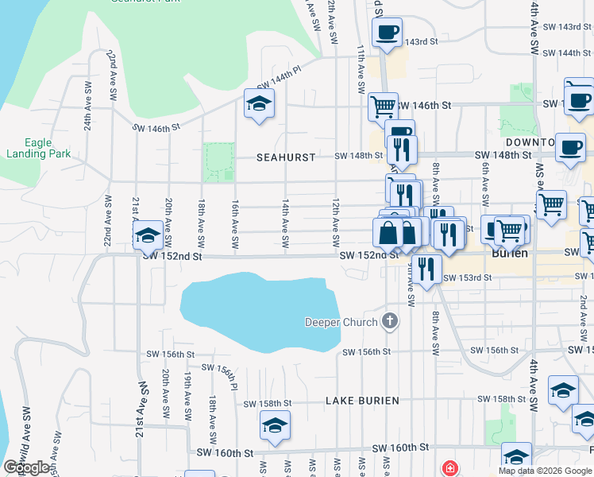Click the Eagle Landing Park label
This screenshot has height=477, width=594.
38,149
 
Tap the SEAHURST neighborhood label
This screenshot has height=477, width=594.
286,157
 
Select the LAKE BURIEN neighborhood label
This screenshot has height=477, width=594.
362,401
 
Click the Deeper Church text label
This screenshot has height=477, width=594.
341,322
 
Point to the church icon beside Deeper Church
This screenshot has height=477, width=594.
389,322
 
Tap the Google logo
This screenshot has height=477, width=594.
27,467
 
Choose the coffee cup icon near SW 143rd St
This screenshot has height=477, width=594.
387,33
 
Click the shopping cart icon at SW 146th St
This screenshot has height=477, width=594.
383,105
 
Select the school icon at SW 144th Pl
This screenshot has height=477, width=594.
258,105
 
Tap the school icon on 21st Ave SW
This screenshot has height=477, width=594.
147,235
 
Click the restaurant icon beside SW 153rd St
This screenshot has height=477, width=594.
428,269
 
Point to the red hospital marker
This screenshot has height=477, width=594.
450,468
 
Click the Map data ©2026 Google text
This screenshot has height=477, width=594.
545,471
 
